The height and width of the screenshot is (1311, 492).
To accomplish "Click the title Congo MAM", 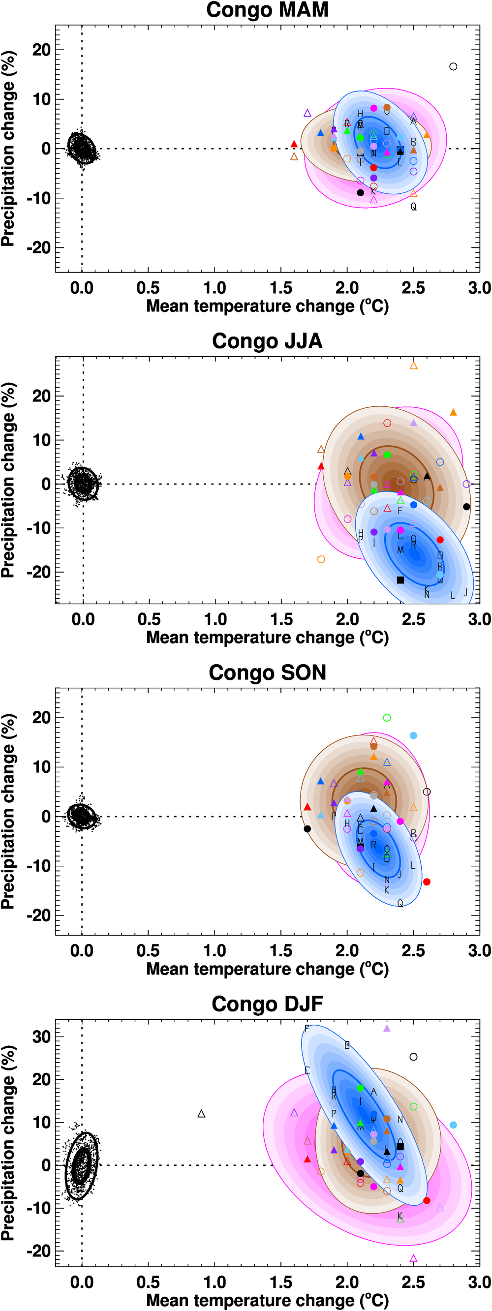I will pos(267,10).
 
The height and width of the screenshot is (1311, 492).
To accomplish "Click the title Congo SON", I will pos(267,673).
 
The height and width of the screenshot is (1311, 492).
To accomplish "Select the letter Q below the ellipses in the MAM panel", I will pos(413,207).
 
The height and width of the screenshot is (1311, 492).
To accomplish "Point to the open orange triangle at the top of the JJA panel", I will pos(414,366).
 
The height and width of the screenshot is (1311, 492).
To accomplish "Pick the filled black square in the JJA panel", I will pos(400,579).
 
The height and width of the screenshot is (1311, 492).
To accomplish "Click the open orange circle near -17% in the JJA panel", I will pos(321,559).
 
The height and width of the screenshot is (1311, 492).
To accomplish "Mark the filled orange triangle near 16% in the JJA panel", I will pos(453,412).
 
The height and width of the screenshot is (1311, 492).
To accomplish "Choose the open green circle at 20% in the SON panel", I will pos(387,718).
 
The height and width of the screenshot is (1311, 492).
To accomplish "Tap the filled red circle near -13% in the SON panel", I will pos(427,882).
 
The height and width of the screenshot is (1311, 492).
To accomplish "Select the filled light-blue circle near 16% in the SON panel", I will pos(414,735).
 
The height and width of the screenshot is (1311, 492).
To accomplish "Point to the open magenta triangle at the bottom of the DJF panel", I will pos(413,1258).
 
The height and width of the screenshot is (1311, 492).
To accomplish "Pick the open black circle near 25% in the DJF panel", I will pos(414,1057).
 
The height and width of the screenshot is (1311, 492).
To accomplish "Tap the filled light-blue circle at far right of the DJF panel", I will pos(453,1125).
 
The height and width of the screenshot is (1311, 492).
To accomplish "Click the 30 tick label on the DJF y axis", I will pos(41,1037).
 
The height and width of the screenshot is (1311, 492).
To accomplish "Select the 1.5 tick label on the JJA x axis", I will pos(281,619).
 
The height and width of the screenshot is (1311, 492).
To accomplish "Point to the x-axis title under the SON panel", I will pos(267,969).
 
